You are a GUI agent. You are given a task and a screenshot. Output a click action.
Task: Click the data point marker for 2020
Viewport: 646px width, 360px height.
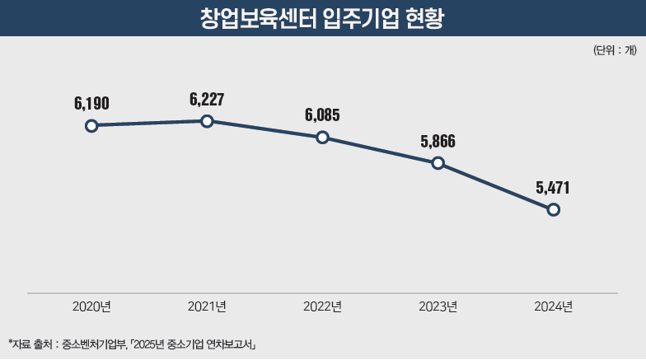click(91, 125)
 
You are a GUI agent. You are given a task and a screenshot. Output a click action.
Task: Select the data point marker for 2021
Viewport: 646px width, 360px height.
click(207, 121)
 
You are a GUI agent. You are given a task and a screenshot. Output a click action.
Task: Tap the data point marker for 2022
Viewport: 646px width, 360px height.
click(322, 138)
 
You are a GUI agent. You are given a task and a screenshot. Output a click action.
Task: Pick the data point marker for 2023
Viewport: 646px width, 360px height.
click(438, 163)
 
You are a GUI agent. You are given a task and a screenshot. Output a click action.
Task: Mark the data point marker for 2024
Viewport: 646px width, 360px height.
click(553, 209)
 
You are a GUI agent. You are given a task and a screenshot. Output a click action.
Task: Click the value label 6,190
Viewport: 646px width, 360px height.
click(91, 103)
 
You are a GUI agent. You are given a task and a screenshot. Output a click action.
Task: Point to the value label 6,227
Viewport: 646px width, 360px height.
click(207, 99)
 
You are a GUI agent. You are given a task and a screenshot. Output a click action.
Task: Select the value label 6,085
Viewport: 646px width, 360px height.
click(322, 115)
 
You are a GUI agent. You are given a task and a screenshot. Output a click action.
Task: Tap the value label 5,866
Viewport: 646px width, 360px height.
click(438, 141)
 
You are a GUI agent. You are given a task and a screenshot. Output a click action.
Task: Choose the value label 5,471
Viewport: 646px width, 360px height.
click(553, 187)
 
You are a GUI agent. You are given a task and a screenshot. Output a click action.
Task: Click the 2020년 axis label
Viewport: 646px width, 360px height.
click(91, 306)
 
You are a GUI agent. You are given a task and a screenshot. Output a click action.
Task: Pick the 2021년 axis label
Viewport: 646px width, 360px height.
click(207, 306)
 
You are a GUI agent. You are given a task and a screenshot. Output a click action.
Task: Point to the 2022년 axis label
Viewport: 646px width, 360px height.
click(322, 306)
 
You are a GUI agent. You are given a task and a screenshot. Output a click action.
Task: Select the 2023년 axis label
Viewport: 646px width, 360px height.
click(438, 306)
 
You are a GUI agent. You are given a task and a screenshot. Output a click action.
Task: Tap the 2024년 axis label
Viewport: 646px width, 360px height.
click(553, 306)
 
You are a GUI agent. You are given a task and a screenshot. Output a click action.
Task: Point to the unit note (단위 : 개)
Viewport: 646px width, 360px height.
click(614, 51)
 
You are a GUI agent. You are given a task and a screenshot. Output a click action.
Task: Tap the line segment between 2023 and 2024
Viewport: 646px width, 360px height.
click(495, 186)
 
